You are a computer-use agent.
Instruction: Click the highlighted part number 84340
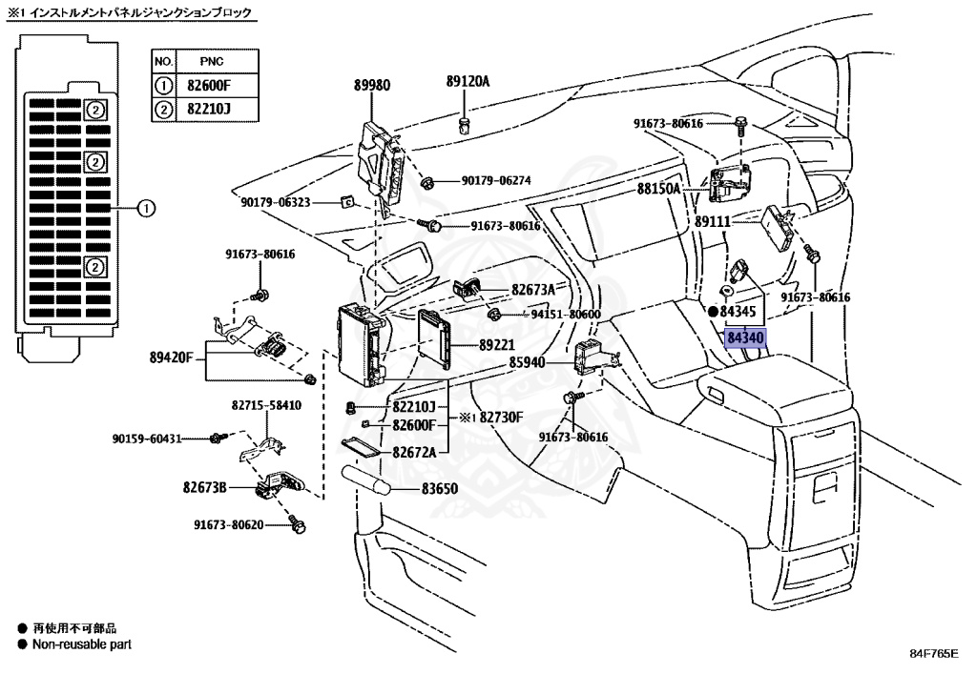(745, 337)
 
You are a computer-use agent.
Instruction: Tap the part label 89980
(372, 85)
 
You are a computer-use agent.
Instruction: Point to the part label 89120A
(468, 82)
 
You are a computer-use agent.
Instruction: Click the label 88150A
(659, 189)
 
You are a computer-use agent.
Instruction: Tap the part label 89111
(712, 221)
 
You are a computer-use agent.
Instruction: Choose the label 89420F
(172, 358)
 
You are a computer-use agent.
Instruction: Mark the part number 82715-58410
(265, 405)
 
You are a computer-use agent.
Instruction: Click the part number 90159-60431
(146, 439)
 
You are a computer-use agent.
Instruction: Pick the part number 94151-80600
(566, 314)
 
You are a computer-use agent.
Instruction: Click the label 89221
(471, 347)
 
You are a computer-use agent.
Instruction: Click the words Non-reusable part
(82, 644)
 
